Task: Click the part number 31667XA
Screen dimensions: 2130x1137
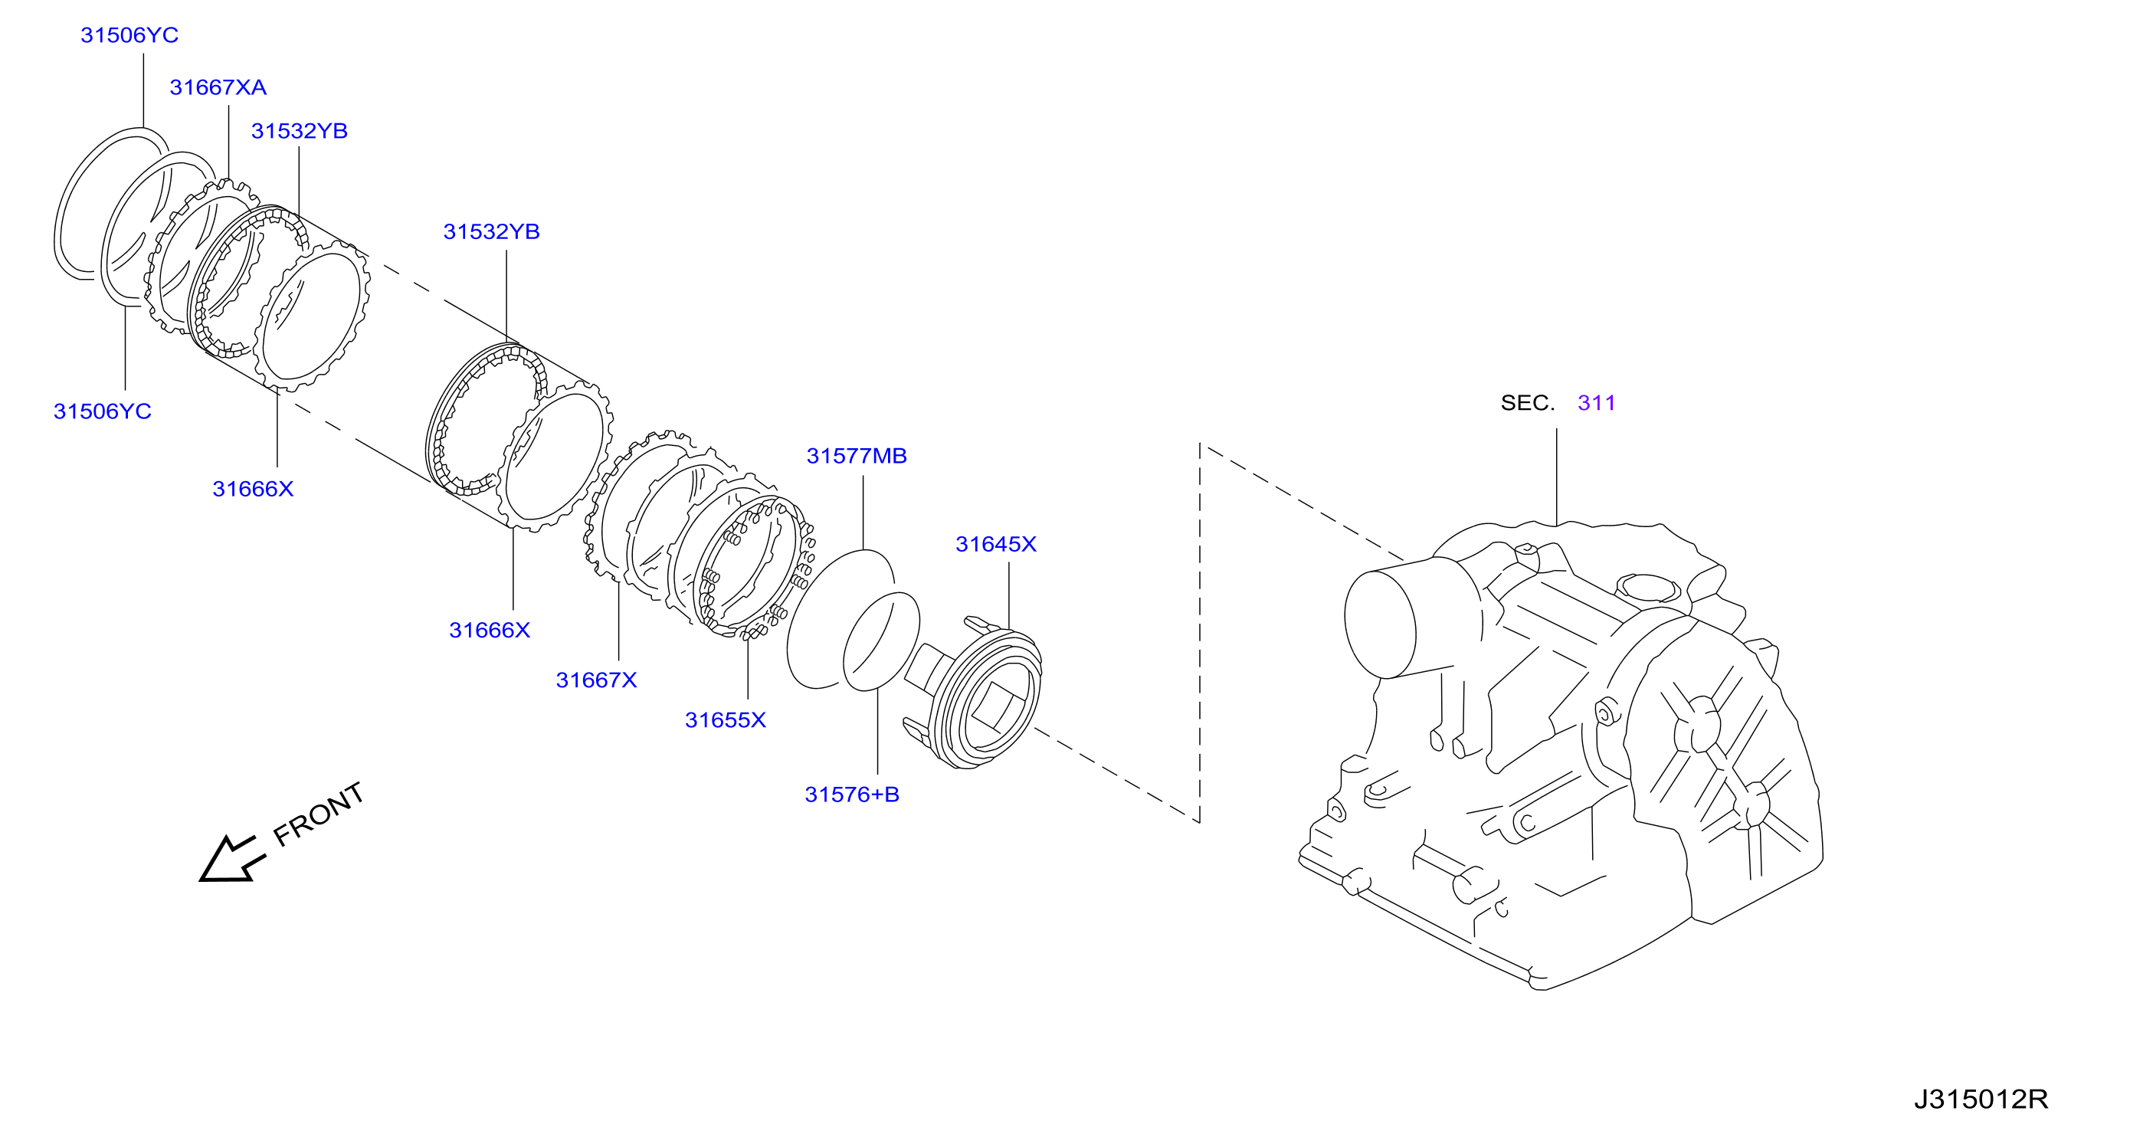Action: click(218, 87)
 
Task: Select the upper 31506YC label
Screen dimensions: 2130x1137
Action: click(129, 35)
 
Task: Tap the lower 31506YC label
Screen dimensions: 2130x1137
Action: click(103, 411)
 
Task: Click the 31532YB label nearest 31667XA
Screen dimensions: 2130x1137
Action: click(300, 132)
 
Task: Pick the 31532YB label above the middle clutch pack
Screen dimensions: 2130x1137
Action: click(491, 232)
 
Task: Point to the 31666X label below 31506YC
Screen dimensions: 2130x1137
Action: click(253, 490)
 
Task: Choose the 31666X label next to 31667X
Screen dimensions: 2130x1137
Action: click(490, 631)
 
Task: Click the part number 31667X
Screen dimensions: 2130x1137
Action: click(596, 680)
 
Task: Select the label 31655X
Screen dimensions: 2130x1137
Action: click(725, 720)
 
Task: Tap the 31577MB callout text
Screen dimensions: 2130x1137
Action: click(857, 457)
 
